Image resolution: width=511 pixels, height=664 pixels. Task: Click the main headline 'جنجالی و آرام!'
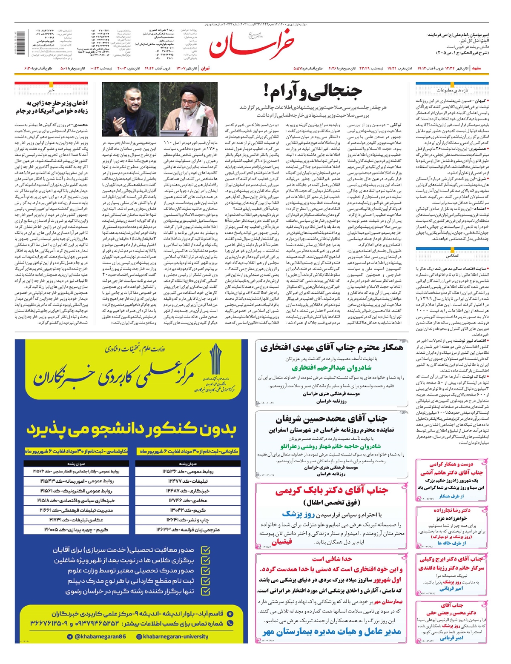pos(313,91)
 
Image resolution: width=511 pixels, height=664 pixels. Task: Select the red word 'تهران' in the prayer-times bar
pos(205,68)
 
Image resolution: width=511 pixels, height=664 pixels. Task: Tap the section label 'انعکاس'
pos(452,256)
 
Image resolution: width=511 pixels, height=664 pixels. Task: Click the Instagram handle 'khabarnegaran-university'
pos(172,637)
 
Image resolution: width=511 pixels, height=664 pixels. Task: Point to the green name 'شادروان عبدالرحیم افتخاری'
pos(332,368)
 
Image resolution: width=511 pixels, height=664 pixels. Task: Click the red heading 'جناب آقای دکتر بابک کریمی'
pos(331,491)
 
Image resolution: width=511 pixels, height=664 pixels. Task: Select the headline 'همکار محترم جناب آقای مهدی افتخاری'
pos(331,348)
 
